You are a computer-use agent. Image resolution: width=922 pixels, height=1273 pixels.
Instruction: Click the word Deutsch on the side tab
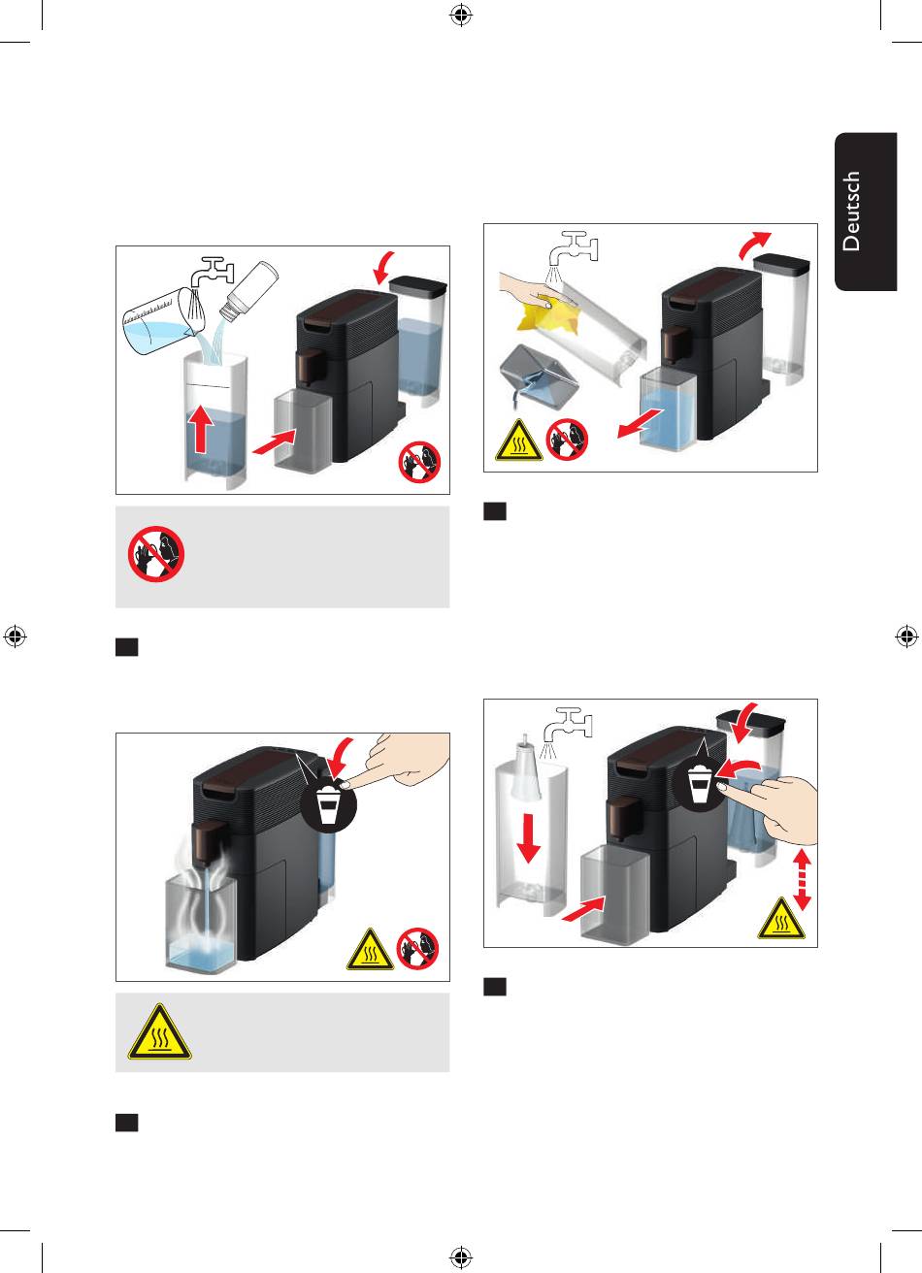[x=851, y=212]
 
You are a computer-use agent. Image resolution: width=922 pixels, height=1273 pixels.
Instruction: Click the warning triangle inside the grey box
[x=159, y=1032]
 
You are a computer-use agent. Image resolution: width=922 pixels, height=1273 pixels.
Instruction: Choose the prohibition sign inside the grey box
[x=157, y=555]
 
